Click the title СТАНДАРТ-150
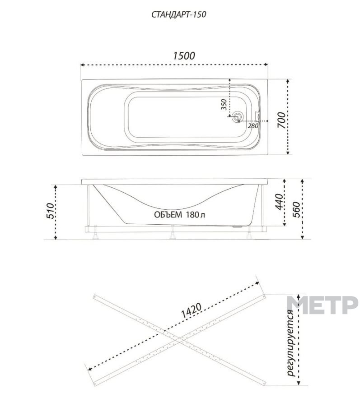[x=178, y=14]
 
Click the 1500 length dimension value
[x=184, y=56]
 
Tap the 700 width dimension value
[x=281, y=120]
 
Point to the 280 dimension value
[x=253, y=126]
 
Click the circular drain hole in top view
[x=237, y=117]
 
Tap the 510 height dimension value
[x=50, y=211]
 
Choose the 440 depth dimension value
[x=279, y=202]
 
